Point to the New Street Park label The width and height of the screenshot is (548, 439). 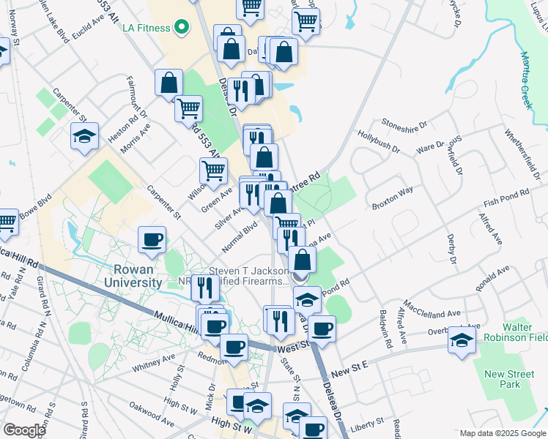[510, 379]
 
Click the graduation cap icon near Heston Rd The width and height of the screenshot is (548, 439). [84, 135]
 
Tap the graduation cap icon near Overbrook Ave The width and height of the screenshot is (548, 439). [462, 339]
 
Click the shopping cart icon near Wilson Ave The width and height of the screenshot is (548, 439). [213, 171]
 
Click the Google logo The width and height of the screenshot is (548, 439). [24, 429]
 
